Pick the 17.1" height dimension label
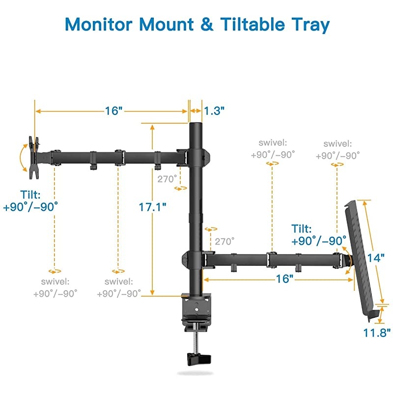click(x=152, y=207)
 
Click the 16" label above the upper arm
click(x=113, y=111)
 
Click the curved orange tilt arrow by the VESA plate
click(x=21, y=157)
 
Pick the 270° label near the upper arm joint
click(x=167, y=179)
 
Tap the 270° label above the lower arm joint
click(x=225, y=241)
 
